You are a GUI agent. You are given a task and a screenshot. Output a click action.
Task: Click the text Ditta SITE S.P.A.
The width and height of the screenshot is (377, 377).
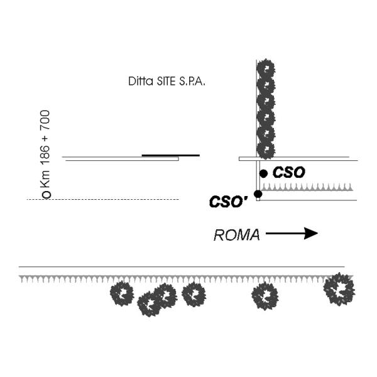[166, 82]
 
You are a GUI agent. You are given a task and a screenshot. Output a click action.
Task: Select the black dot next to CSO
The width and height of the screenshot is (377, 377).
[264, 173]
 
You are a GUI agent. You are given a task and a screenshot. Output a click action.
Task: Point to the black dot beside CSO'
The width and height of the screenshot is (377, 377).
[258, 194]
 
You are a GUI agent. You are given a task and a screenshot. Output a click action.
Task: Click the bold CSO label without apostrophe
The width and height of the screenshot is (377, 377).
[289, 172]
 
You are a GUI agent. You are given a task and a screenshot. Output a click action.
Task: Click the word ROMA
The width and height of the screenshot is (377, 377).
[237, 235]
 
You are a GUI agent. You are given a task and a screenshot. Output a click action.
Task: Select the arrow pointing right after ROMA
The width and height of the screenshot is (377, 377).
[292, 234]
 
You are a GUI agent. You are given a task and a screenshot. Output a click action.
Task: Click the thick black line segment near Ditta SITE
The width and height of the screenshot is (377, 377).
[170, 155]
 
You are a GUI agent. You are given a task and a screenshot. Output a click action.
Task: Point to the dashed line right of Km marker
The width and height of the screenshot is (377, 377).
[113, 199]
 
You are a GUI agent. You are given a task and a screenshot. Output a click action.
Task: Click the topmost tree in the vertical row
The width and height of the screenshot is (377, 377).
[266, 68]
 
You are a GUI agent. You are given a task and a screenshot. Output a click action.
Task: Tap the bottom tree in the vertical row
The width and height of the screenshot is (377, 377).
[266, 150]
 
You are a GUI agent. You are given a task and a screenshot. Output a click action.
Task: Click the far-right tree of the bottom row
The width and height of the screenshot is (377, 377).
[339, 289]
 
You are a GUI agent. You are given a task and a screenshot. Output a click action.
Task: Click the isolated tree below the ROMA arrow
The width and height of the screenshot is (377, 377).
[265, 296]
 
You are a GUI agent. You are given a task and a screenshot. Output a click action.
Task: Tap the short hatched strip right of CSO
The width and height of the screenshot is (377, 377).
[308, 187]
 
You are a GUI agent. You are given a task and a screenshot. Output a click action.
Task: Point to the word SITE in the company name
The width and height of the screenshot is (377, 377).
[165, 82]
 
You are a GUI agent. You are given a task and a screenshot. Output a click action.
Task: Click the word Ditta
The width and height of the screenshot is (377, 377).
[138, 82]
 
